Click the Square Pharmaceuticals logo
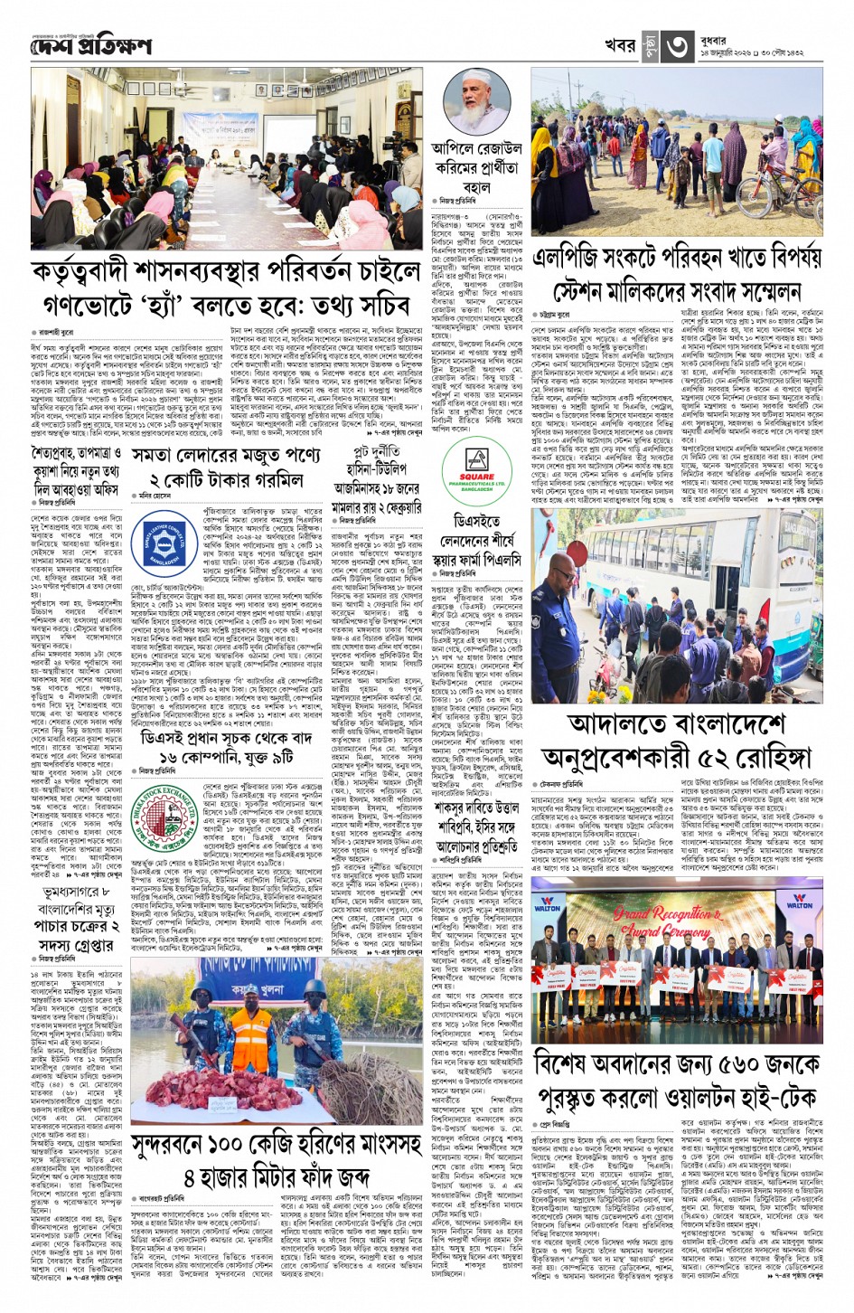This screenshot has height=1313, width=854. coord(476,471)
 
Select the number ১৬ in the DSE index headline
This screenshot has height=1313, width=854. coord(171,756)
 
